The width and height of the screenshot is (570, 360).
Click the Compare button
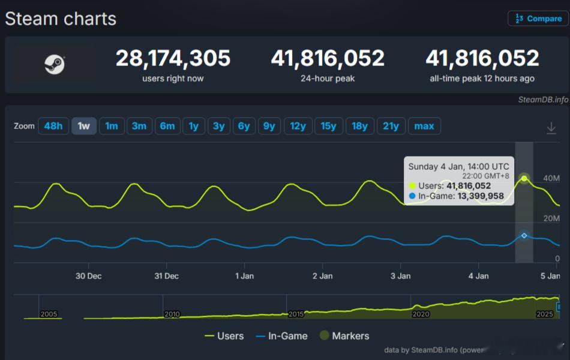538,19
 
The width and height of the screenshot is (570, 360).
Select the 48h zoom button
53,126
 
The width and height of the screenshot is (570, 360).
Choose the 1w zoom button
83,126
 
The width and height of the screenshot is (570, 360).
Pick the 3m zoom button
139,126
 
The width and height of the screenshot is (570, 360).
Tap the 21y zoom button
391,126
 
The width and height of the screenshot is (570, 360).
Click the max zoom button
424,126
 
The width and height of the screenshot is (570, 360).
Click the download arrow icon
551,128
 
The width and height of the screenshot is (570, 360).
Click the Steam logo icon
55,64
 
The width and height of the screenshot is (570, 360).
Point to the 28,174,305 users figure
173,58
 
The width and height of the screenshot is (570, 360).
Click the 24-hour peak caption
328,79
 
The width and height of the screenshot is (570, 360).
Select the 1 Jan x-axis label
244,276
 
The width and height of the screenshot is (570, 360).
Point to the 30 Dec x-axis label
88,276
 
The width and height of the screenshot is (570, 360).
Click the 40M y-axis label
551,178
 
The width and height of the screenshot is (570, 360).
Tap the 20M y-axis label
551,218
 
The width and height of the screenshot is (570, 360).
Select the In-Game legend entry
282,336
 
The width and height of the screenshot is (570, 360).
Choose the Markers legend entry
344,336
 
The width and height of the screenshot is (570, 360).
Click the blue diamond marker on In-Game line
524,236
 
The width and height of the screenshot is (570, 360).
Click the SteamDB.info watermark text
542,100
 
